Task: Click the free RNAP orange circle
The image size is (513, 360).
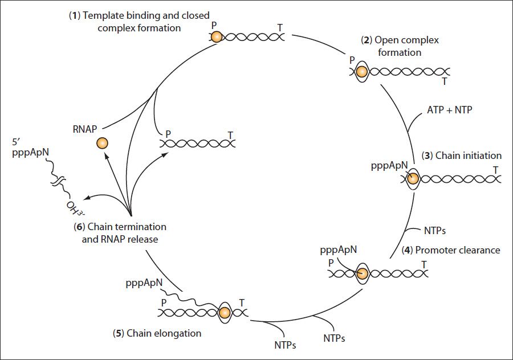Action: click(102, 143)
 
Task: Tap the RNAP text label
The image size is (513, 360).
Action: click(85, 129)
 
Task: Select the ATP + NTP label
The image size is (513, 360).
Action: click(450, 109)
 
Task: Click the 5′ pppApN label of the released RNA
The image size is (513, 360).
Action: click(30, 148)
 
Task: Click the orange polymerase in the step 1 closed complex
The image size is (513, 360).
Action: click(216, 36)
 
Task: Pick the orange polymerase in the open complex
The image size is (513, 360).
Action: click(361, 72)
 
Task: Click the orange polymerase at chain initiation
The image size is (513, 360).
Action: click(413, 179)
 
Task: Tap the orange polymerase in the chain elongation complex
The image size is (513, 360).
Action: click(225, 313)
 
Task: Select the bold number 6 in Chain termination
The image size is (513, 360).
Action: click(80, 227)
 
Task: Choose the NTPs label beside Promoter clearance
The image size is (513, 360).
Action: click(435, 231)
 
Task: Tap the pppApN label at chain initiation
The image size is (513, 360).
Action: click(389, 166)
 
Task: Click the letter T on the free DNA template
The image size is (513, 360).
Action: click(231, 135)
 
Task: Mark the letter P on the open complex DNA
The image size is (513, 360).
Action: click(352, 60)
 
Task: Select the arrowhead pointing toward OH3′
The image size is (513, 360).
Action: click(87, 198)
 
